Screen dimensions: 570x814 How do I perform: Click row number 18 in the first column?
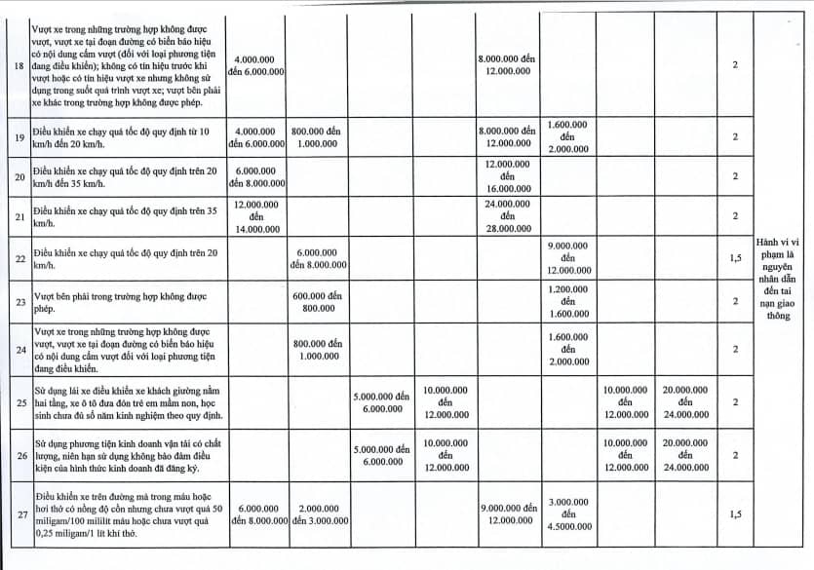(18, 64)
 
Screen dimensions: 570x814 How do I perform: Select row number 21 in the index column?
(18, 216)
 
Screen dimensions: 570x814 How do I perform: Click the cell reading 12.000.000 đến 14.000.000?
(256, 216)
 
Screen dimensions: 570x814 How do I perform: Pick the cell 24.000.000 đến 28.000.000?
(507, 216)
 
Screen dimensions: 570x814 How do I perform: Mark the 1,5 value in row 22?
(735, 258)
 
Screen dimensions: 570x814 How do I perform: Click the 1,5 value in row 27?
(735, 513)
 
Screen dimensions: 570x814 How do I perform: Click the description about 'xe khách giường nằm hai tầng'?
(128, 401)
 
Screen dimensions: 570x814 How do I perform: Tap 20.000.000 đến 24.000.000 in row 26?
(685, 454)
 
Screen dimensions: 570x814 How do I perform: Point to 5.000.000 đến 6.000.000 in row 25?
(382, 402)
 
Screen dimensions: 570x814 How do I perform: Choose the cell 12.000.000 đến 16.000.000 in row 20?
(507, 176)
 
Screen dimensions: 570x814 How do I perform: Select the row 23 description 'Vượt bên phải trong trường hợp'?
(128, 301)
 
